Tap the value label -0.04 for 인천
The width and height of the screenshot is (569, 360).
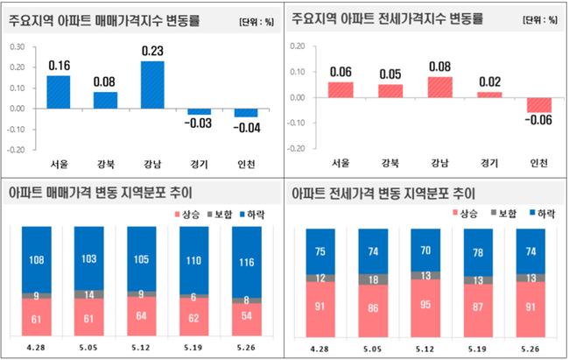(247, 129)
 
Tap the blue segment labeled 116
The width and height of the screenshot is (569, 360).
(248, 262)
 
